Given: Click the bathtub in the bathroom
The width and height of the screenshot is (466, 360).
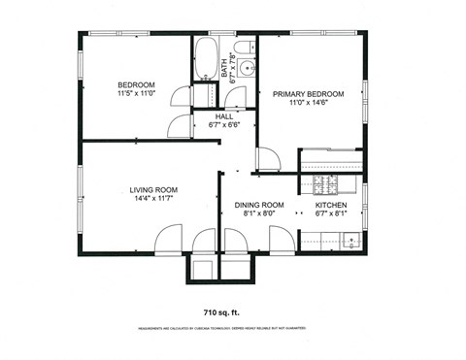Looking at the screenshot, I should pyautogui.click(x=206, y=60).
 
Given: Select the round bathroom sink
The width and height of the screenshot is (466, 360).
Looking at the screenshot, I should pyautogui.click(x=246, y=68).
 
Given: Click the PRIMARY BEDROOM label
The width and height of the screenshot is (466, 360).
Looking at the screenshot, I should pyautogui.click(x=310, y=94).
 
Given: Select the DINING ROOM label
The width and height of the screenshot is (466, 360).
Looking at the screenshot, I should pyautogui.click(x=257, y=205).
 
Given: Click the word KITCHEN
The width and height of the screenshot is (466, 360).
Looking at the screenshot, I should pyautogui.click(x=333, y=205).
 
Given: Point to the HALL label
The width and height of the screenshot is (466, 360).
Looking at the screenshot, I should pyautogui.click(x=223, y=115).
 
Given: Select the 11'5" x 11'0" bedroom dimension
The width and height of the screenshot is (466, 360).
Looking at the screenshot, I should pyautogui.click(x=136, y=94).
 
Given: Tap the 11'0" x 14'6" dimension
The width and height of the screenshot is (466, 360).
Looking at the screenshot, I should pyautogui.click(x=310, y=104).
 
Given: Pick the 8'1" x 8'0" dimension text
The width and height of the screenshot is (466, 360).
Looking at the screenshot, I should pyautogui.click(x=257, y=214).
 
